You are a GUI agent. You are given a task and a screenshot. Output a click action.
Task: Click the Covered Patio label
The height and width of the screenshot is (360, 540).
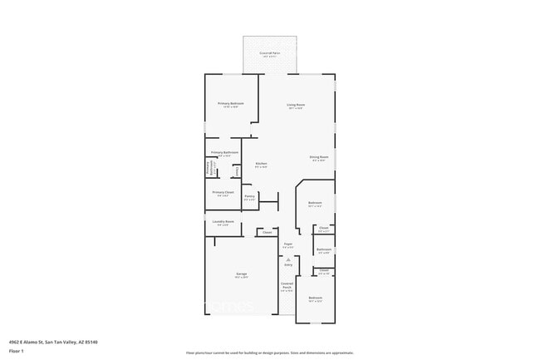(x=268, y=53)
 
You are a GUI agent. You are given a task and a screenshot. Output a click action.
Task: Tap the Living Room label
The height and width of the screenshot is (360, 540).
(x=296, y=105)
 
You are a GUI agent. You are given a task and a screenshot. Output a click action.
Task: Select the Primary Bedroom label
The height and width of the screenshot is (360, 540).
(x=231, y=104)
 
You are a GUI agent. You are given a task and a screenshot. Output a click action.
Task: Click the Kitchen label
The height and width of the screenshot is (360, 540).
(x=261, y=164)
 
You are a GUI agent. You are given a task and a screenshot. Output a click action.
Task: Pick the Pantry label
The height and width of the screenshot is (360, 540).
(x=249, y=196)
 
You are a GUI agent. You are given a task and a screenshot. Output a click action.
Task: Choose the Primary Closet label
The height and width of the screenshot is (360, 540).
(x=223, y=193)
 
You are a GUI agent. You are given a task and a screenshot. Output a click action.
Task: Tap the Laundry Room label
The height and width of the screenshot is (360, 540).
(x=223, y=222)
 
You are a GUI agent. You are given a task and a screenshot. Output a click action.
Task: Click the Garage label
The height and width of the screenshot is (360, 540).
(x=241, y=274)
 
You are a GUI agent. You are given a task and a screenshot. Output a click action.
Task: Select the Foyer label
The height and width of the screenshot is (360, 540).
(x=287, y=244)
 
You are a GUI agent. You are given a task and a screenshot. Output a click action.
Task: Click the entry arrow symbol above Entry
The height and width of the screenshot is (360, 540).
(x=287, y=259)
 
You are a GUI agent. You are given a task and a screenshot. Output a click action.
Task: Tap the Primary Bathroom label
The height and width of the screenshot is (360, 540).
(x=224, y=153)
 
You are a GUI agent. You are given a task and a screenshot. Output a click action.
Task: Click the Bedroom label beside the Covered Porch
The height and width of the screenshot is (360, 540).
(x=315, y=298)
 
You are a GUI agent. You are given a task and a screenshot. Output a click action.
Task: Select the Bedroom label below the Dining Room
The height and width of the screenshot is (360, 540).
(x=315, y=203)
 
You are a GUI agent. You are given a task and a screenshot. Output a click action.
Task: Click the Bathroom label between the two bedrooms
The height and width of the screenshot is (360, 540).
(x=324, y=249)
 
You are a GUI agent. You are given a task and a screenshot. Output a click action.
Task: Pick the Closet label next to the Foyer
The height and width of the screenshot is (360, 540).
(x=267, y=233)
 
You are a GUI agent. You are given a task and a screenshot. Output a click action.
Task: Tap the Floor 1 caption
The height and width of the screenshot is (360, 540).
(x=16, y=351)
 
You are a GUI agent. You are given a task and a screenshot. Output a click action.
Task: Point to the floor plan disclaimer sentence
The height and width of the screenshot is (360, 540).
(x=269, y=353)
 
